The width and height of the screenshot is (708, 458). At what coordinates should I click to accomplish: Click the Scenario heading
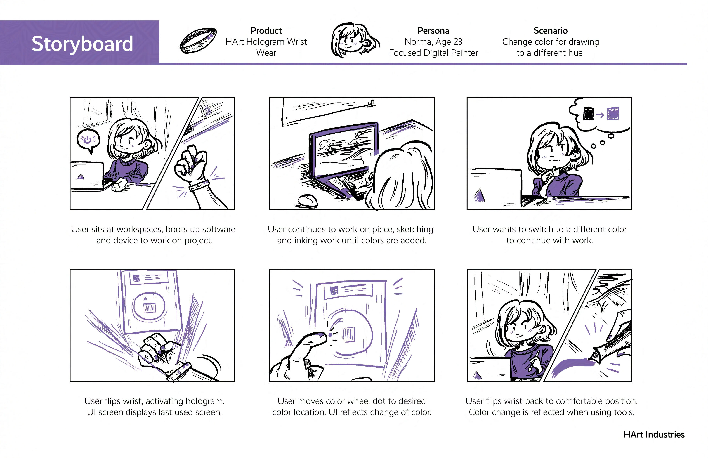click(550, 31)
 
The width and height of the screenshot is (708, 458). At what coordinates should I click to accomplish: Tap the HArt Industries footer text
click(654, 435)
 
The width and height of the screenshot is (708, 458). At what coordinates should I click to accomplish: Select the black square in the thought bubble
click(589, 114)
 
